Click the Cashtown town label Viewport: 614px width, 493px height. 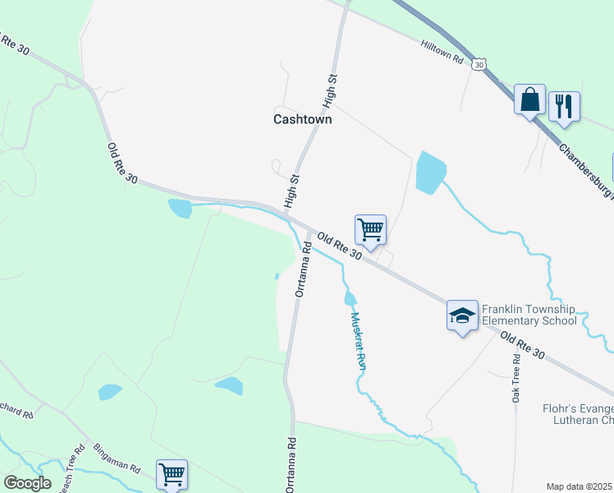click(302, 119)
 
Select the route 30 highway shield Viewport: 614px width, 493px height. click(480, 62)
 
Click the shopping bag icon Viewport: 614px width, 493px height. click(530, 100)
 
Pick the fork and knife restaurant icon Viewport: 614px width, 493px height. click(564, 106)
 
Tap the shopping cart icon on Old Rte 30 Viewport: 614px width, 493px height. click(370, 229)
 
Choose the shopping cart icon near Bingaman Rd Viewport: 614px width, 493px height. click(172, 474)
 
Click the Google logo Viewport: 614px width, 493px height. click(27, 483)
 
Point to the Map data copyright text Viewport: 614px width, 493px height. click(580, 486)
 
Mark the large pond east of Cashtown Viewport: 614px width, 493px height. click(429, 173)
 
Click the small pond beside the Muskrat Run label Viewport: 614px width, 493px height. click(351, 297)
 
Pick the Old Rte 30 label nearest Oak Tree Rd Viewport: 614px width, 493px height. click(522, 344)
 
